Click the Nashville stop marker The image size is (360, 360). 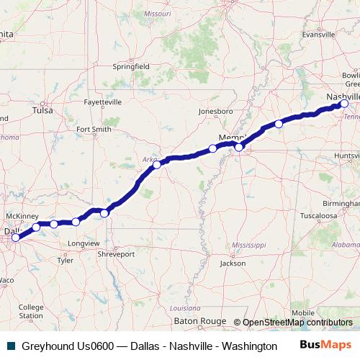(x=344, y=104)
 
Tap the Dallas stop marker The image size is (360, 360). (x=15, y=237)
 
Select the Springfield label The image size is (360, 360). (x=131, y=66)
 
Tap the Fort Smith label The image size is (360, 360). (x=94, y=130)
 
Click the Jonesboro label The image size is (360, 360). (x=216, y=112)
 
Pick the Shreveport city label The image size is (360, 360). (x=116, y=254)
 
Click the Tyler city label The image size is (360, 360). (x=66, y=261)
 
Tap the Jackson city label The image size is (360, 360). (x=233, y=264)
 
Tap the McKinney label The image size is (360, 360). (x=21, y=216)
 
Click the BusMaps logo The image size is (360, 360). (x=325, y=346)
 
